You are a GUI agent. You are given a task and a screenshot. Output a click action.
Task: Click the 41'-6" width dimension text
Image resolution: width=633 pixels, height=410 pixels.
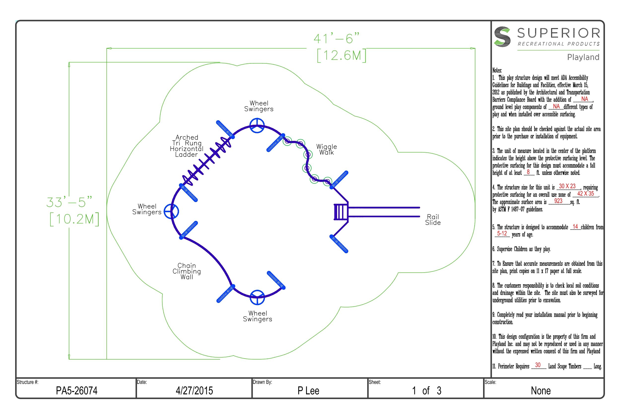tap(336, 39)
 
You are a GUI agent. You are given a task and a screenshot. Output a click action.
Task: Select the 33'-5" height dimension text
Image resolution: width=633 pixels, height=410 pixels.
tap(70, 202)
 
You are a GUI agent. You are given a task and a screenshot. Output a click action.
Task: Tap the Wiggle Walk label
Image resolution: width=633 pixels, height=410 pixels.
tap(326, 149)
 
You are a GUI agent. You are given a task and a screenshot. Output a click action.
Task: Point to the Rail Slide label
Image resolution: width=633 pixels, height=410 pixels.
tap(433, 220)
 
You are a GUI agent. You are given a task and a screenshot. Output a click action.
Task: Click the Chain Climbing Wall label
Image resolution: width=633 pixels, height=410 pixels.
tap(187, 271)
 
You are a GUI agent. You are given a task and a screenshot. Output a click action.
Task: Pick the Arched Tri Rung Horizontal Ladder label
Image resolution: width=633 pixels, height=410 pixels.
tap(187, 146)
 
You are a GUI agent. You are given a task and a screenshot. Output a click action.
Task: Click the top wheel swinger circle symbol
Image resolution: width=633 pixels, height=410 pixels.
tap(257, 125)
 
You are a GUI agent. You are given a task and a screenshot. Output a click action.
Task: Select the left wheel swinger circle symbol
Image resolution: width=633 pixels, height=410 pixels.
tap(171, 211)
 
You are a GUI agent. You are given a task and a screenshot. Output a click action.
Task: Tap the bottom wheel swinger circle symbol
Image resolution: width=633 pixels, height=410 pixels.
tap(257, 297)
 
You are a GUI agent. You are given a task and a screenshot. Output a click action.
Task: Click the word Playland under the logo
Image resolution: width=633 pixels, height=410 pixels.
tap(583, 57)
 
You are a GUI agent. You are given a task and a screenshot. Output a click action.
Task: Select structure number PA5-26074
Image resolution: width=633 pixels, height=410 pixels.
tap(77, 391)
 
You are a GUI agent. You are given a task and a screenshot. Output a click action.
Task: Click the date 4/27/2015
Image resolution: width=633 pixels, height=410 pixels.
tap(194, 391)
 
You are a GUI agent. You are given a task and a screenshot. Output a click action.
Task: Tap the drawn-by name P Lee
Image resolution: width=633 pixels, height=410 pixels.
tap(308, 391)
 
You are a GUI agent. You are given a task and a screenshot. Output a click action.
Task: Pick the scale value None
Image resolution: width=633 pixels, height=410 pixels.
tap(541, 391)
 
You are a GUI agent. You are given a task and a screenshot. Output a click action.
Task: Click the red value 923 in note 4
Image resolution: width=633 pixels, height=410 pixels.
tap(558, 201)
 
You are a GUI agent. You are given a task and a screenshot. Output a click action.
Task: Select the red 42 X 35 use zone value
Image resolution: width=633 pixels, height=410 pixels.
tap(585, 194)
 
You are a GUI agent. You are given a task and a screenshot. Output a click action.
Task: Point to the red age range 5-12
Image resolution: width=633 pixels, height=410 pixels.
tap(502, 234)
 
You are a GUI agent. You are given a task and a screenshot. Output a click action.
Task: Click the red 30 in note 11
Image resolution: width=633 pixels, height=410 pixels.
tap(537, 365)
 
